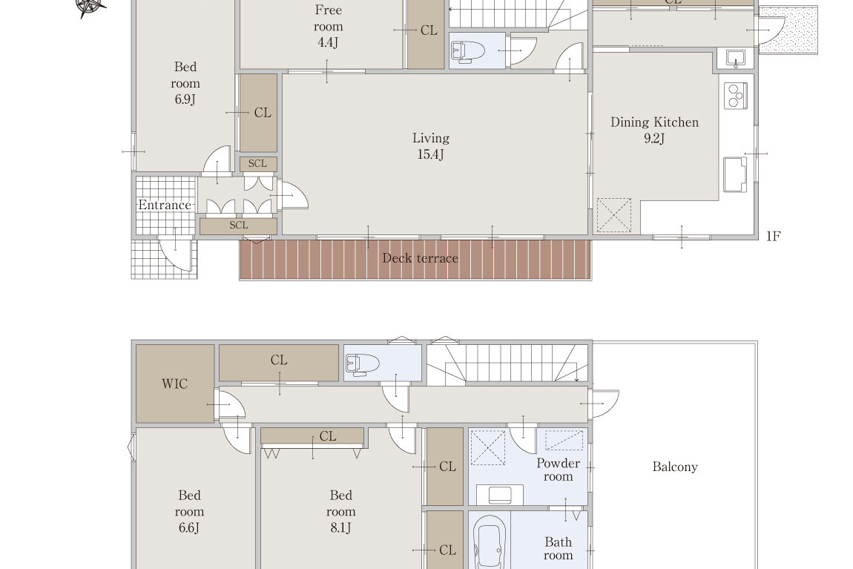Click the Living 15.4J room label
(x=431, y=146)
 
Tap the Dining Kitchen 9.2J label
(x=654, y=130)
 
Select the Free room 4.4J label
(x=328, y=26)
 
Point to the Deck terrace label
(x=420, y=258)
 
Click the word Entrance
(x=164, y=205)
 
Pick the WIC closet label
(x=174, y=384)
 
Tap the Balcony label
(x=674, y=467)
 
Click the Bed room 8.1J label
(x=340, y=511)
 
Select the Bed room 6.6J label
(x=189, y=511)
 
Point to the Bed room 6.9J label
(x=185, y=82)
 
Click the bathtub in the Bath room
(x=490, y=542)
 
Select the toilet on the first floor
(x=468, y=51)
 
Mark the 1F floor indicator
(x=773, y=236)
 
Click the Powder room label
(x=558, y=470)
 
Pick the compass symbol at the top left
(x=90, y=7)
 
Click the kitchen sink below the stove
(x=735, y=174)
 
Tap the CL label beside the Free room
(x=429, y=30)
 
